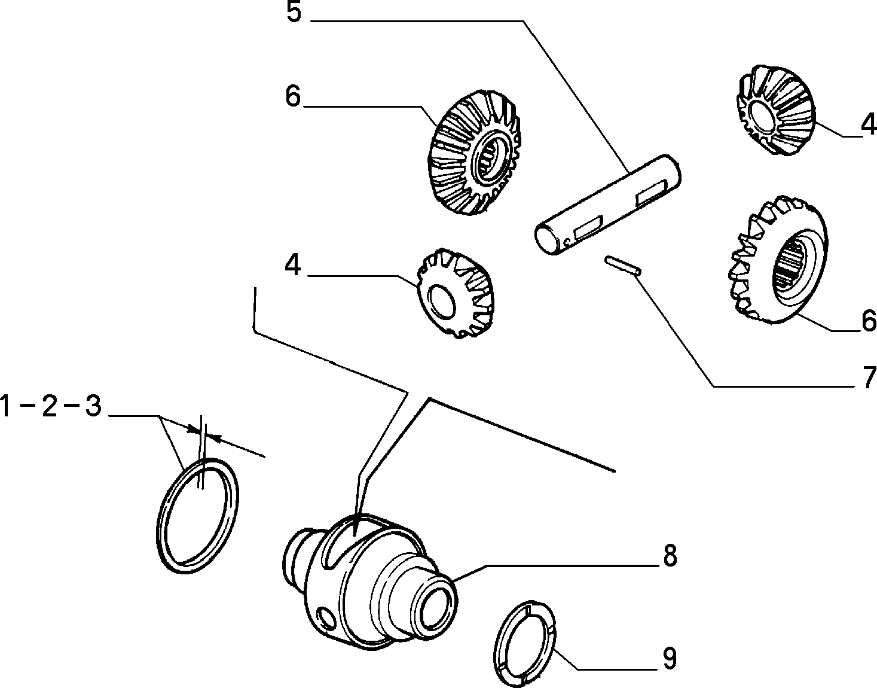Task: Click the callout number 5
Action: (x=294, y=13)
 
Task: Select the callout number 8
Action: (x=670, y=556)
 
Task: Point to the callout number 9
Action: (x=669, y=659)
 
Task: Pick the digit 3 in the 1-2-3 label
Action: (x=93, y=407)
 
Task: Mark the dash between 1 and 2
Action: (x=27, y=407)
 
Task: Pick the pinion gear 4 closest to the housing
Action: (x=453, y=293)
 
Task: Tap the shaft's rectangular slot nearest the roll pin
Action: (x=586, y=230)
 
